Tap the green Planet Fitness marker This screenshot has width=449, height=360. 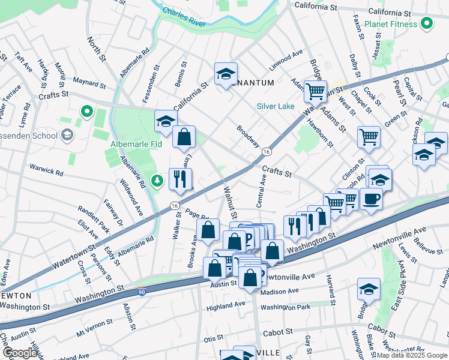tap(427, 25)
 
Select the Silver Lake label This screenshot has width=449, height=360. tap(275, 106)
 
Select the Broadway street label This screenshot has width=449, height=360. tap(247, 136)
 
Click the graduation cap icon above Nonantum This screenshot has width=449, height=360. tap(226, 74)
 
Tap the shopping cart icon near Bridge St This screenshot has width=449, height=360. tap(315, 92)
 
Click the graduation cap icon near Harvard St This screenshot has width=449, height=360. tap(369, 289)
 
